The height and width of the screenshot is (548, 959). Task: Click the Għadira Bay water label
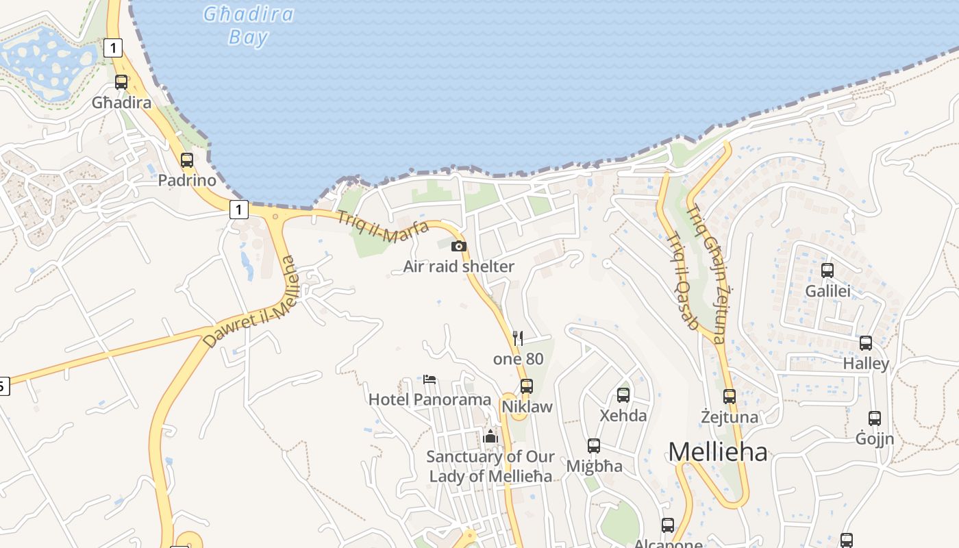249,25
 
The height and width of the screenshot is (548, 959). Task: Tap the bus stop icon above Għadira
121,82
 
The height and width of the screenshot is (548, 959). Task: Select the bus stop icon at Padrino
187,160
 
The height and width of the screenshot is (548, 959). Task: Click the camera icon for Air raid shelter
459,247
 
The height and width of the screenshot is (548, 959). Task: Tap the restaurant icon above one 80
518,338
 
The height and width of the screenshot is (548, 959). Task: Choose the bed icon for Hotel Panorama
429,379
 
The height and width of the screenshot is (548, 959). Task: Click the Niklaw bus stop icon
527,386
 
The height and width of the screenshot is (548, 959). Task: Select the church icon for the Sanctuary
490,436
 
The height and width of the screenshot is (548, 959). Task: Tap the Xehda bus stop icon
623,395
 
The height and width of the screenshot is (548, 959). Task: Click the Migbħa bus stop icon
594,446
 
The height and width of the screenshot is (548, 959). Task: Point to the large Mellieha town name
717,451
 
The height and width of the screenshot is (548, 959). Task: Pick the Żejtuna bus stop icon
730,397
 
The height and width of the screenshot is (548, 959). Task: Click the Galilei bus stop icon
827,271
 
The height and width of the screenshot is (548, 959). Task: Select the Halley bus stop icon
866,343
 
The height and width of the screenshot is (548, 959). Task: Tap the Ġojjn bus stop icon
875,419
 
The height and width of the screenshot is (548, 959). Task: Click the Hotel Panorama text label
429,399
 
